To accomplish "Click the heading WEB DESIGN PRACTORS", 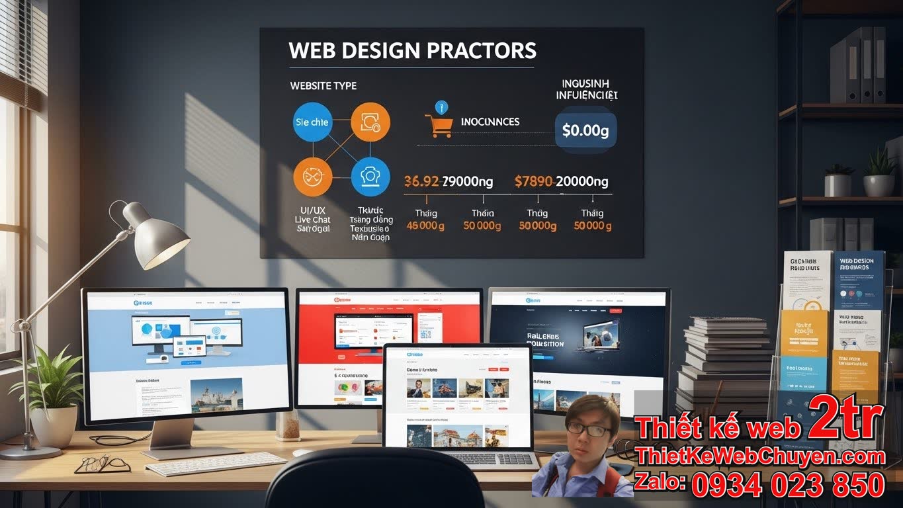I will click(412, 51).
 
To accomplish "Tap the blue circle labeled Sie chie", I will click(312, 122).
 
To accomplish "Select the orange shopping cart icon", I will click(439, 125).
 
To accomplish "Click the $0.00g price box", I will click(585, 130).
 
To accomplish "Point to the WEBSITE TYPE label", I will click(323, 86).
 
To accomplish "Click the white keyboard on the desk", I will click(215, 463).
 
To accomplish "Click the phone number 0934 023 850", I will click(788, 485).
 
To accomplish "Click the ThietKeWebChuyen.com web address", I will click(760, 456).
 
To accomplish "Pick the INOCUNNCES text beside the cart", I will click(490, 122).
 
